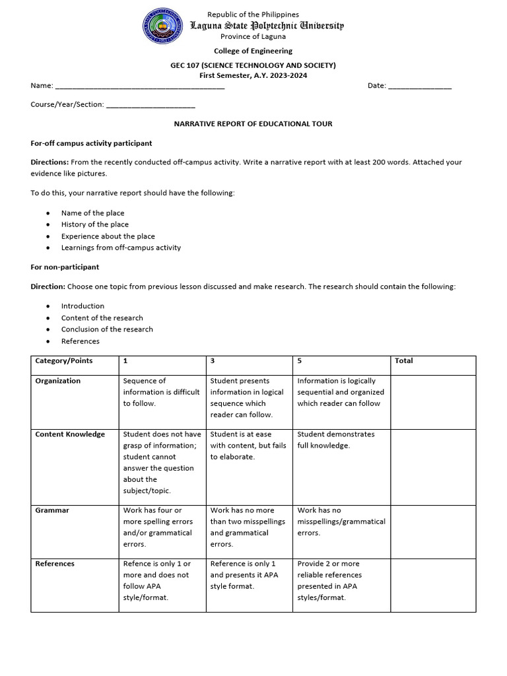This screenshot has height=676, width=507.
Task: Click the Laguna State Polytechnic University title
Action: [x=267, y=26]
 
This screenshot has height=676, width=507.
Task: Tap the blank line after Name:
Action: [x=139, y=86]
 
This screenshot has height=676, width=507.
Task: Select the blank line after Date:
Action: [x=419, y=86]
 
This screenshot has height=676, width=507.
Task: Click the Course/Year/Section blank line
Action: [x=151, y=105]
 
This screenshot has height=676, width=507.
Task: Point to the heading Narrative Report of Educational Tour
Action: [x=253, y=123]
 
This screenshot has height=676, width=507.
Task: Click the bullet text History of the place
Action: [x=94, y=224]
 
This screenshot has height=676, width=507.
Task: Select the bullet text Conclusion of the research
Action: [x=107, y=329]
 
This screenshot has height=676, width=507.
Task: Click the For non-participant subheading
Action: [x=65, y=267]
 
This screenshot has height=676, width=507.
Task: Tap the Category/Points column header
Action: [x=64, y=361]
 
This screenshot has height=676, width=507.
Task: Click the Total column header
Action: [x=403, y=361]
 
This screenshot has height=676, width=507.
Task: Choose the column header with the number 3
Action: [x=213, y=361]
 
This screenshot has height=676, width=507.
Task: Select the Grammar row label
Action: [x=52, y=510]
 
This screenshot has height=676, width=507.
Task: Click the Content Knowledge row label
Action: [x=70, y=434]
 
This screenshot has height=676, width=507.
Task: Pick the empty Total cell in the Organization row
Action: [x=432, y=401]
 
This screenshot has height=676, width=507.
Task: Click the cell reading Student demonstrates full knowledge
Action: [x=336, y=440]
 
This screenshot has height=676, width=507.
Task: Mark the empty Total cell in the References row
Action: [x=432, y=584]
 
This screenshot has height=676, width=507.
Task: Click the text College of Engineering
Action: [x=253, y=51]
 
